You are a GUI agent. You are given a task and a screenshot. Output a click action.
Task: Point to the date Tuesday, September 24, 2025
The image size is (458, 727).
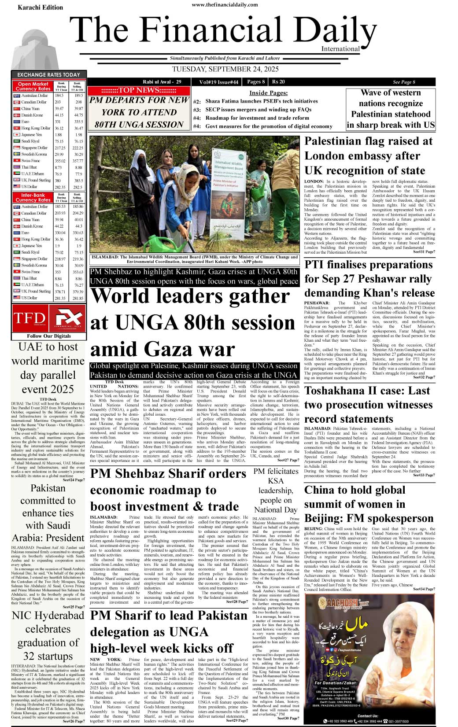[225, 70]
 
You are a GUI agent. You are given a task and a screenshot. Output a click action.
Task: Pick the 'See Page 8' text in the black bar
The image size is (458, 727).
[404, 82]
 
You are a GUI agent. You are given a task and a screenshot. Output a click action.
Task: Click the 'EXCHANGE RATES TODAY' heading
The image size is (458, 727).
[48, 75]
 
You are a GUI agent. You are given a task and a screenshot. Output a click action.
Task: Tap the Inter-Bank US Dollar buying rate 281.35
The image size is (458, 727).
[60, 298]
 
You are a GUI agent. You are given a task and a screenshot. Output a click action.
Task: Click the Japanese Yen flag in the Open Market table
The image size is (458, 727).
[17, 135]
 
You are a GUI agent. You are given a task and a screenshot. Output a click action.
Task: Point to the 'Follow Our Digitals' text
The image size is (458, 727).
[49, 336]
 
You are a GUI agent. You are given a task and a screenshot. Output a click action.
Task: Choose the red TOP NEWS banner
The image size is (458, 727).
[139, 90]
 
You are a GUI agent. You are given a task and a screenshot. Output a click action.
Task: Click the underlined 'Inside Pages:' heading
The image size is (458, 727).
[268, 93]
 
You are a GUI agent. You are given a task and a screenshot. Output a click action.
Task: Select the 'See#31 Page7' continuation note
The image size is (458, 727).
[424, 251]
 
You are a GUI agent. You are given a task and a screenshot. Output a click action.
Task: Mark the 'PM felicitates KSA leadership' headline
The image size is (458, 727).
[276, 490]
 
